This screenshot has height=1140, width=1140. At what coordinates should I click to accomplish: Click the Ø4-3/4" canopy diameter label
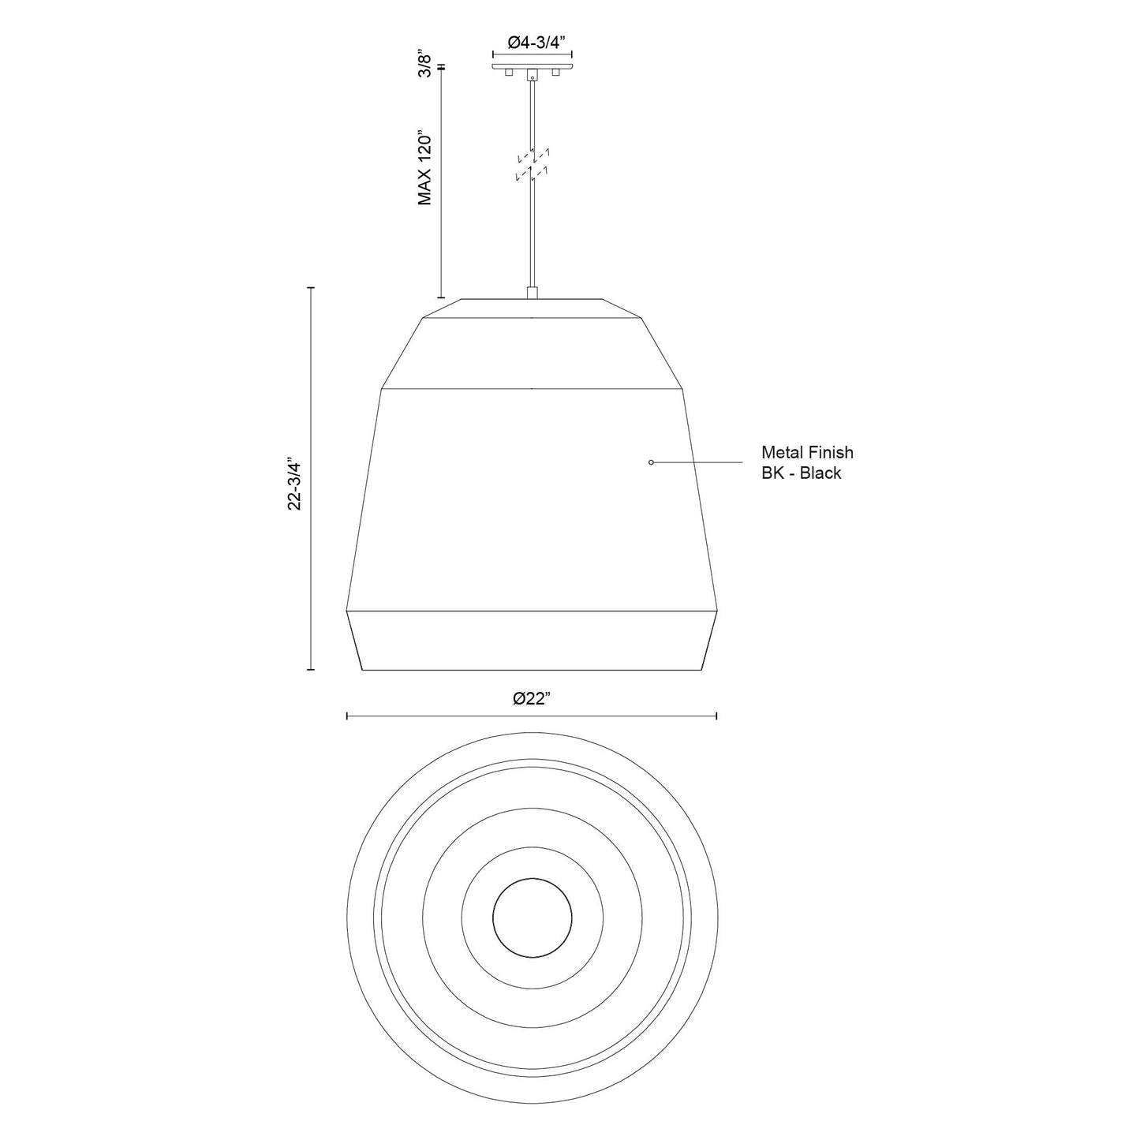pos(532,44)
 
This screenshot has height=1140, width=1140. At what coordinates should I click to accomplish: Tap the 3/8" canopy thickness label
pos(426,65)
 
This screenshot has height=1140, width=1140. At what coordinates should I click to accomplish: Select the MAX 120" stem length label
pos(426,168)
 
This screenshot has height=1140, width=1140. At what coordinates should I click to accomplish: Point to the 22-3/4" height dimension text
pos(295,483)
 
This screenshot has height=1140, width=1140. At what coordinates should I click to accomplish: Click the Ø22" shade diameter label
pos(531,698)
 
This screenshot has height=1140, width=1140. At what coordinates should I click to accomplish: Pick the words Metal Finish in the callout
pos(806,453)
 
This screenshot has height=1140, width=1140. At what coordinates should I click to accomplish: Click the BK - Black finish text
pos(801,473)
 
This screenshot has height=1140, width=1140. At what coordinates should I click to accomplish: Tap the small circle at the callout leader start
pos(650,462)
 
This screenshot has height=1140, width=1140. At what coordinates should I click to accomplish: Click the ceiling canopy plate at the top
pos(532,66)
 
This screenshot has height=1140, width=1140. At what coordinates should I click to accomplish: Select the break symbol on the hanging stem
pos(533,164)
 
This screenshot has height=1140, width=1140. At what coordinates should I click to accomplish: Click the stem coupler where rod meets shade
pos(533,293)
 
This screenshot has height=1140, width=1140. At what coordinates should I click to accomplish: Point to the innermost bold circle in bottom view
pos(532,918)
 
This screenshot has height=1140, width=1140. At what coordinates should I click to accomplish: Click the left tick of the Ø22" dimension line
pos(347,716)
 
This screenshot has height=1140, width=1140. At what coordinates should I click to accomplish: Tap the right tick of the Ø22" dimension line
pos(716,716)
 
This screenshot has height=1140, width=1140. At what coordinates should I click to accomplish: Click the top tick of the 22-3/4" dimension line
pos(311,288)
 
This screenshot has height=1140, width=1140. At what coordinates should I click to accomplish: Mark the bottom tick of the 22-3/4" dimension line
pos(311,670)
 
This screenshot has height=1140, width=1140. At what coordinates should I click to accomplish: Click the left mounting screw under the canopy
pos(509,73)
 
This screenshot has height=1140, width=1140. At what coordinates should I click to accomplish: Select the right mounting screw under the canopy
pos(555,73)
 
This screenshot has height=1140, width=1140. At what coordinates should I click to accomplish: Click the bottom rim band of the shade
pos(532,640)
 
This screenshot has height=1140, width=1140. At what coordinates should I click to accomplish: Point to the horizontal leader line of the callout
pos(698,462)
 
